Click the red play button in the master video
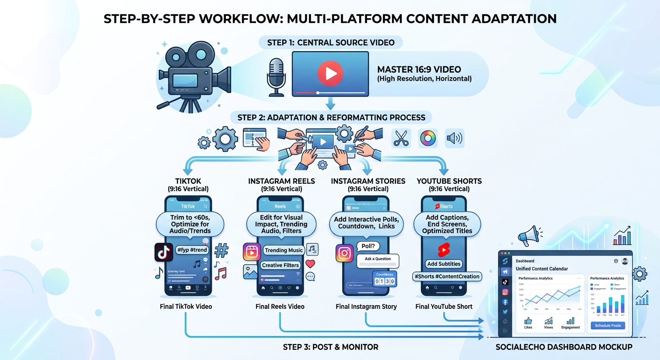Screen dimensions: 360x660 tap(330, 73)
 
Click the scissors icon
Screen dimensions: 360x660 tap(401, 138)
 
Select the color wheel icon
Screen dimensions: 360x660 tap(428, 138)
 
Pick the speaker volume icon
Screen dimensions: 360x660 tap(454, 138)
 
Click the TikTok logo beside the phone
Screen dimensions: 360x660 tap(164, 252)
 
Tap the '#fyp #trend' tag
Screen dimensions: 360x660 tap(192, 250)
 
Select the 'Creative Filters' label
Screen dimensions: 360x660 tap(280, 265)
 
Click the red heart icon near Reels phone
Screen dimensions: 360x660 tap(310, 264)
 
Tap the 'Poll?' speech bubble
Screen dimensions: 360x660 tap(368, 246)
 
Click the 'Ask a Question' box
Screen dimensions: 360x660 tap(377, 259)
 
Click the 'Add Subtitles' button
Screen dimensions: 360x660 tap(443, 264)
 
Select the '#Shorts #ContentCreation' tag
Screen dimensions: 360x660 tap(447, 277)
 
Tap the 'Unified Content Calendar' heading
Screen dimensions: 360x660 tap(541, 269)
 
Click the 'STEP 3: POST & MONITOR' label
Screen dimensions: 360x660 tap(330, 347)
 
